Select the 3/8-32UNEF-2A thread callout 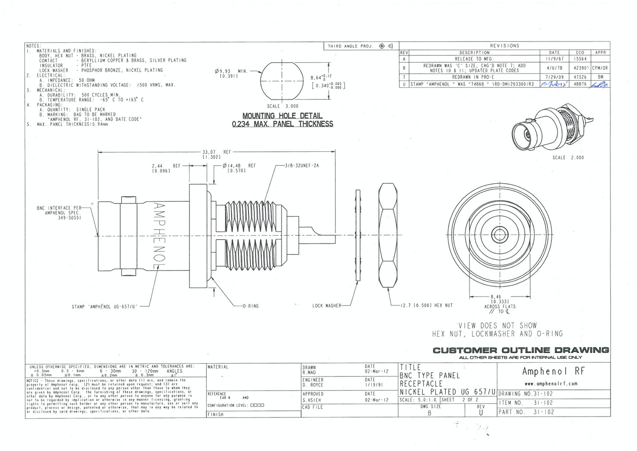click(302, 165)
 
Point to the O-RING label click(250, 306)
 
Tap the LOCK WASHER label click(327, 305)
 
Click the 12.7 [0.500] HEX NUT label click(426, 305)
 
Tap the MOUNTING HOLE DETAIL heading click(282, 116)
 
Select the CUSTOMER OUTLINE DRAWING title click(521, 350)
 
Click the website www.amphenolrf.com click(551, 384)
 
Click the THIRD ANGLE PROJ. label click(350, 46)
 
